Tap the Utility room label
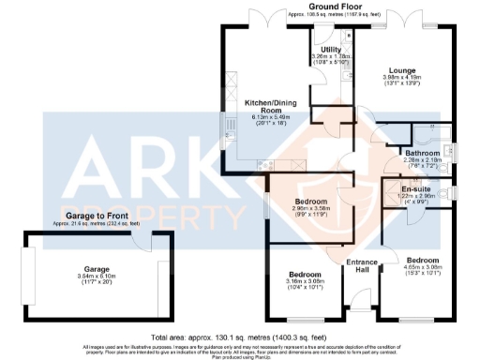[x=330, y=49]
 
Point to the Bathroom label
[x=422, y=152]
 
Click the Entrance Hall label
[x=362, y=265]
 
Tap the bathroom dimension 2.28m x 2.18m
[x=422, y=159]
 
